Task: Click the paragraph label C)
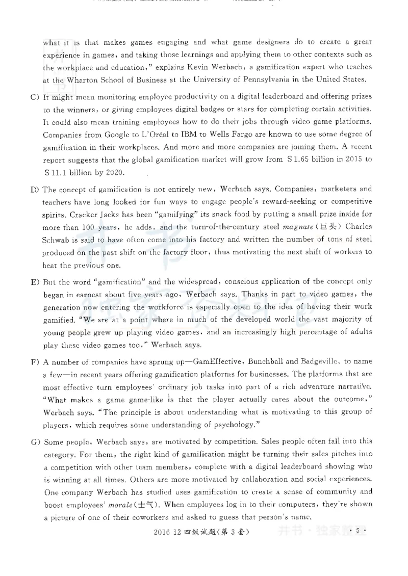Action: click(34, 96)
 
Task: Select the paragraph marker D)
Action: click(34, 190)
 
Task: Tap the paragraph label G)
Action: click(34, 441)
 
